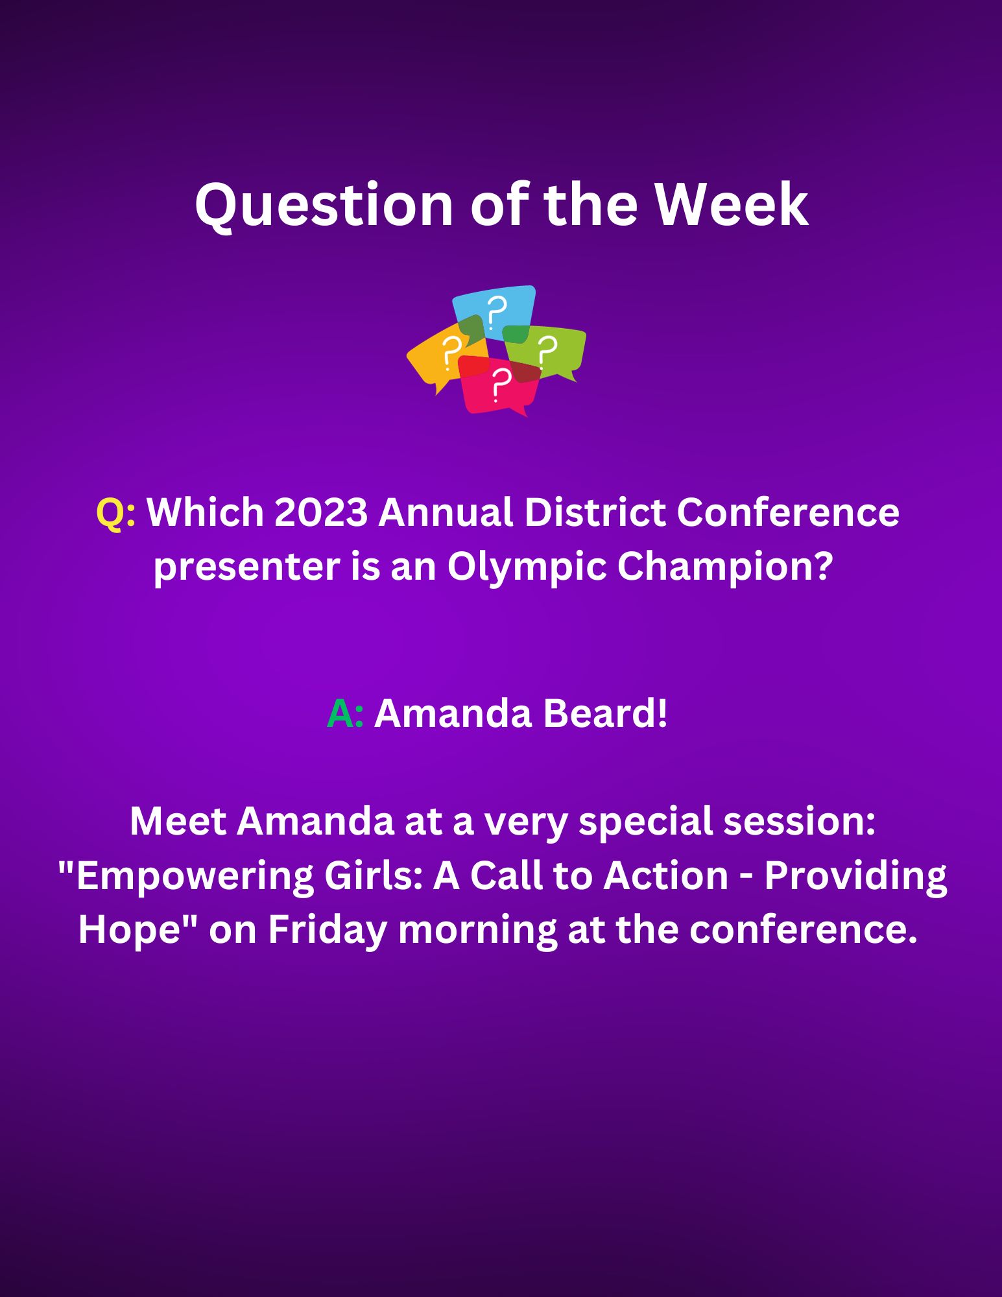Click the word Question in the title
point(324,205)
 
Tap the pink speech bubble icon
point(499,386)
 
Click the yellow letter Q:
point(116,514)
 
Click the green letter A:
point(345,714)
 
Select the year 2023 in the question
point(321,513)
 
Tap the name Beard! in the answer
point(604,714)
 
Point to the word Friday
point(328,931)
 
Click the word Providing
point(855,877)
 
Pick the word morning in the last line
point(477,931)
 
